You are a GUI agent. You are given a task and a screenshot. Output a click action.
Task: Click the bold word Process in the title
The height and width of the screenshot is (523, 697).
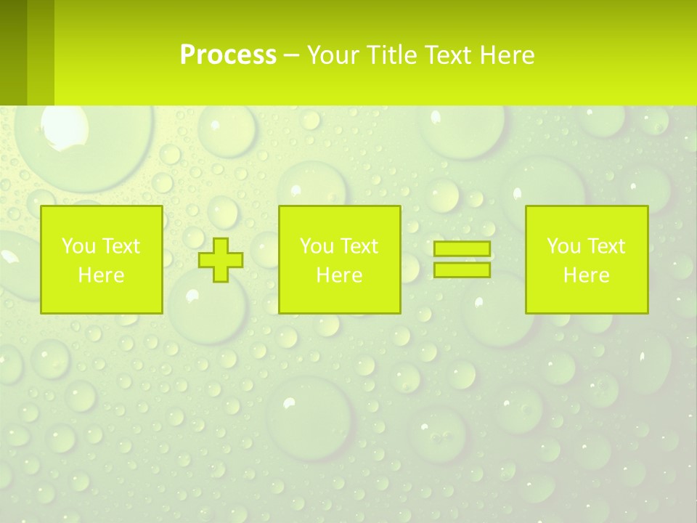[228, 55]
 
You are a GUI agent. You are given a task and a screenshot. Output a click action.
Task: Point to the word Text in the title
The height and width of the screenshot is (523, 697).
[449, 55]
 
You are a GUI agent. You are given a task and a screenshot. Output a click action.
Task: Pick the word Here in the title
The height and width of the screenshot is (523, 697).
[508, 55]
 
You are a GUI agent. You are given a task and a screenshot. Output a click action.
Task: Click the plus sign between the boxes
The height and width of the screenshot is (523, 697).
[221, 259]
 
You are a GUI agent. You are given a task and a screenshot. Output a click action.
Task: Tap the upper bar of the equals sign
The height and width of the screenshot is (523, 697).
[462, 249]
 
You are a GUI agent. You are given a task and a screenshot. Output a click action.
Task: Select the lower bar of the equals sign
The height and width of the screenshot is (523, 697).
[462, 269]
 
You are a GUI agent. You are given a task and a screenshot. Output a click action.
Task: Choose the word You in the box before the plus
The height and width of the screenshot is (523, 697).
[78, 246]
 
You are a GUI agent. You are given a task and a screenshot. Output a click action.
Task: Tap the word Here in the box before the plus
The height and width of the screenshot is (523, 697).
[101, 275]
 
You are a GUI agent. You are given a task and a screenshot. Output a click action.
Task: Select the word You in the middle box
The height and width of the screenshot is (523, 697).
[316, 246]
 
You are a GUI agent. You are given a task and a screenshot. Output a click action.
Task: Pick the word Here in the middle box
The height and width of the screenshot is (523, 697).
[339, 275]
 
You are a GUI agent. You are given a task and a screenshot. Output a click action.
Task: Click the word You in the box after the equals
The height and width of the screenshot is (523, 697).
[563, 246]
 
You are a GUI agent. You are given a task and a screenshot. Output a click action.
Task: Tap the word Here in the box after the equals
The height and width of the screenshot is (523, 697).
[586, 275]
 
